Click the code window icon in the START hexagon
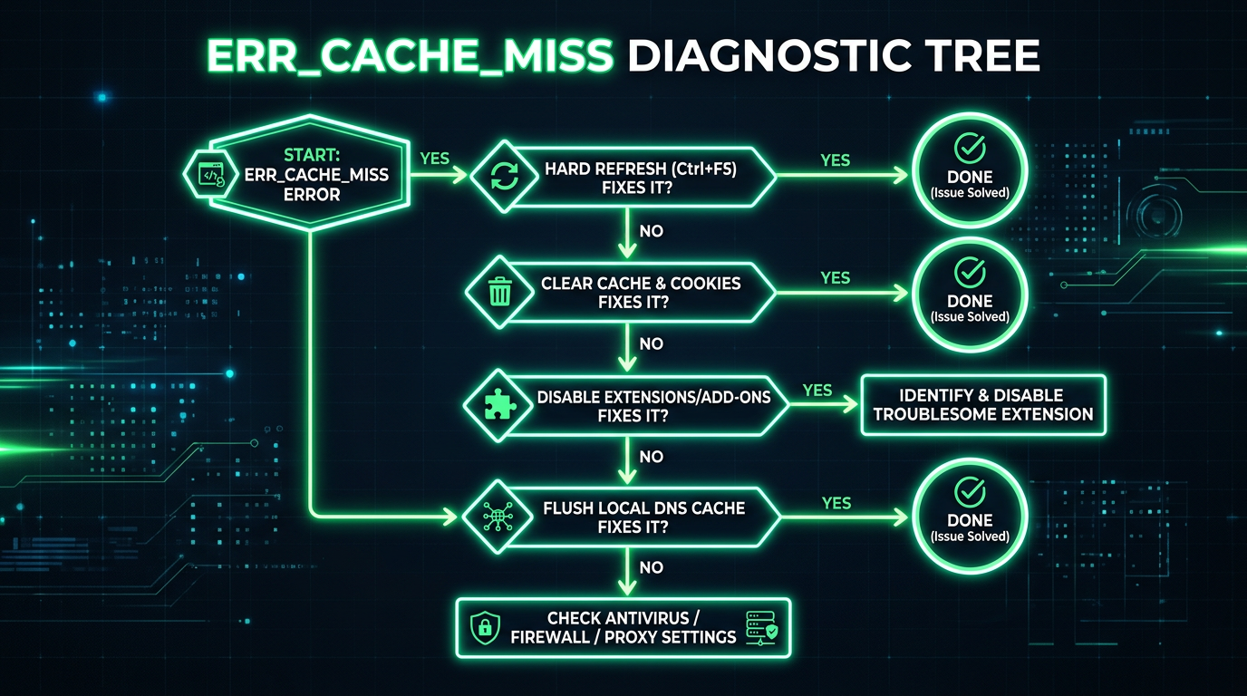point(210,173)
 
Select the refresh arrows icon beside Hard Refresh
point(504,177)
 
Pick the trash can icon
point(499,292)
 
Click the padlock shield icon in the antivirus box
point(485,627)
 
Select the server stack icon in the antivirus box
point(758,627)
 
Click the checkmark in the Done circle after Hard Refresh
point(970,147)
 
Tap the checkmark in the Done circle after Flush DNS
point(970,491)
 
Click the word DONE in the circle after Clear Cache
point(970,301)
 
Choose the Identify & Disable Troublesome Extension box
point(982,405)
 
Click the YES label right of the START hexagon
point(435,158)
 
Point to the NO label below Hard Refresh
point(651,231)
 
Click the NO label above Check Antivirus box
point(651,568)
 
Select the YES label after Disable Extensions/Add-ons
point(817,390)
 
